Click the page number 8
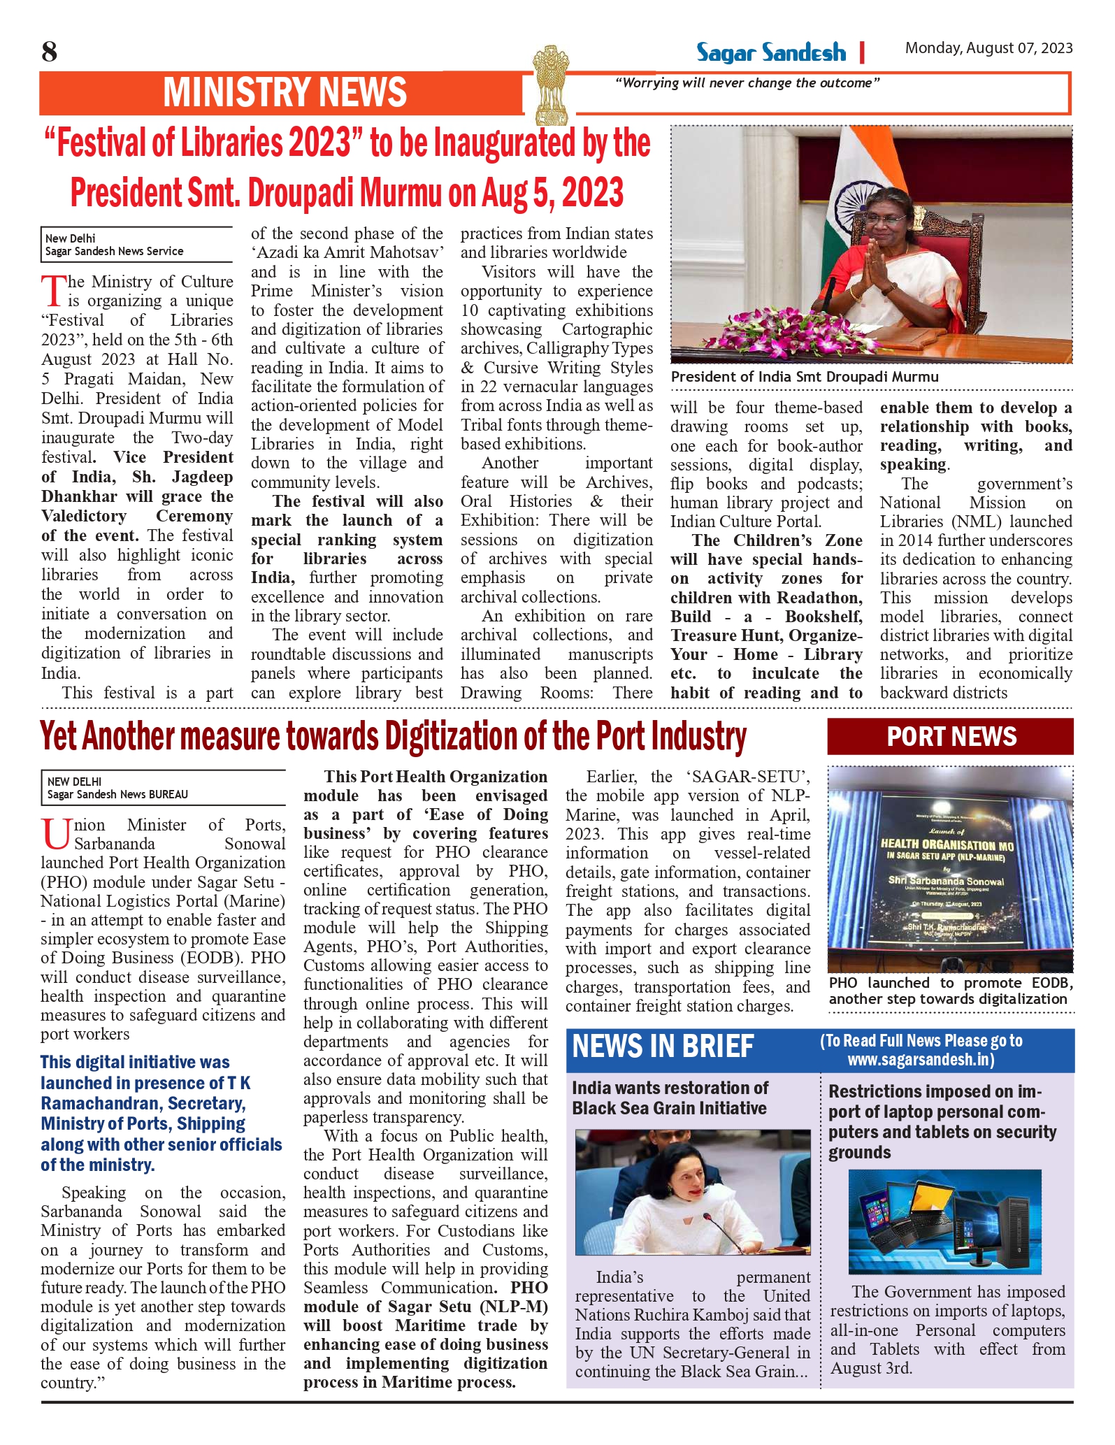tap(49, 52)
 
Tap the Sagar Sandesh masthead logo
tap(770, 53)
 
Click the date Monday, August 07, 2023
tap(988, 48)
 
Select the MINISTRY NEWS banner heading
tap(285, 93)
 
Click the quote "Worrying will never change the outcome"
tap(747, 83)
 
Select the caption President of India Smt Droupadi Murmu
tap(805, 377)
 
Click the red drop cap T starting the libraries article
tap(53, 292)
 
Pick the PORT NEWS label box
tap(950, 737)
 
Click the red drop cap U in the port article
tap(56, 834)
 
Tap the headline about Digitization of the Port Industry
tap(393, 737)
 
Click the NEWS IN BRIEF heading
tap(663, 1047)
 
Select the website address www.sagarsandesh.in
tap(921, 1060)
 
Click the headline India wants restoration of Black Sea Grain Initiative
tap(669, 1098)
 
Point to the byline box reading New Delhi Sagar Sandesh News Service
tap(136, 245)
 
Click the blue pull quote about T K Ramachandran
tap(161, 1113)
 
